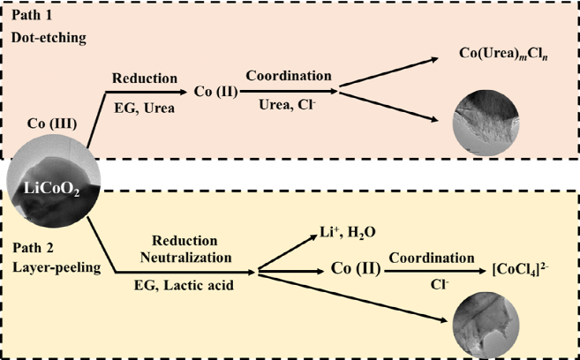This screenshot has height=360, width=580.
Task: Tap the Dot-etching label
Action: point(47,39)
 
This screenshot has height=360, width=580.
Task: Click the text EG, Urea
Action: point(145,109)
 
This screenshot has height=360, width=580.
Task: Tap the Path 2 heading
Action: point(34,245)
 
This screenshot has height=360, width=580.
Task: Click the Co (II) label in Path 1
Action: point(215,91)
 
